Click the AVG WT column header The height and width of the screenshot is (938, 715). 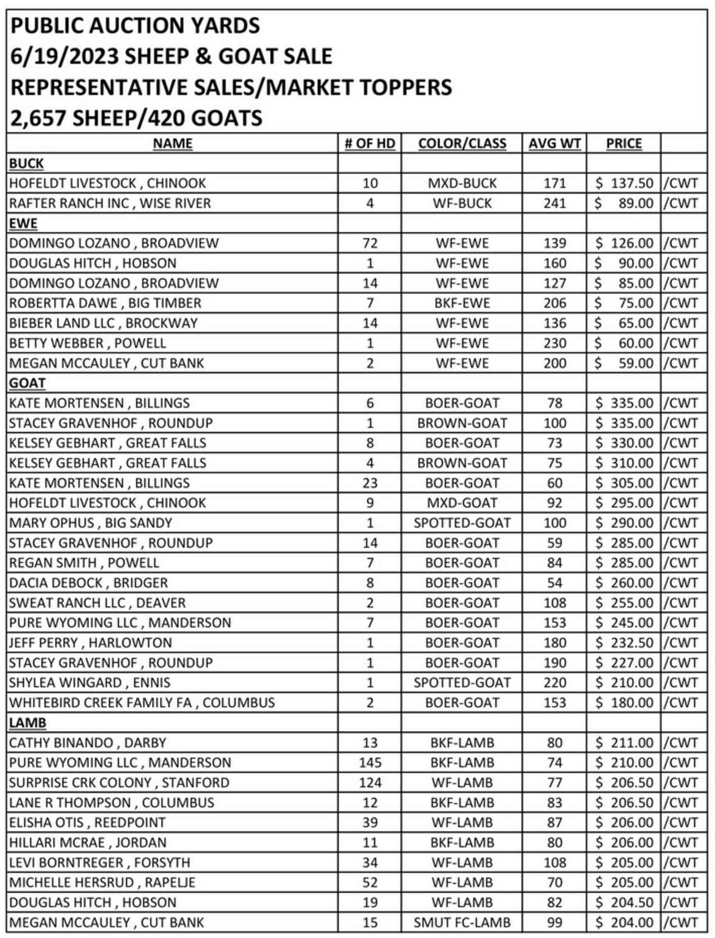(554, 144)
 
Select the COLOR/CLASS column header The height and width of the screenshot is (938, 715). (462, 144)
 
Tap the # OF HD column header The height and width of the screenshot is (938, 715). (370, 144)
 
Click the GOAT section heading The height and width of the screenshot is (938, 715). (27, 383)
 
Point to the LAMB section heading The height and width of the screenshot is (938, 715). (27, 723)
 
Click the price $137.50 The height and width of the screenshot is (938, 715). (624, 183)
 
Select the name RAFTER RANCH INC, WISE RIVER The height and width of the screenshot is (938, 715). (110, 203)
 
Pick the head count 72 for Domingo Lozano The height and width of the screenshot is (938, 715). (370, 243)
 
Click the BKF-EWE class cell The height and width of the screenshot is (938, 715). (462, 303)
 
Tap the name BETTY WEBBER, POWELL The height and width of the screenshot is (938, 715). (87, 343)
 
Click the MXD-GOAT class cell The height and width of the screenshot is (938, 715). (462, 503)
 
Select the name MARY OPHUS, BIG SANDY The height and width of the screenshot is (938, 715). (90, 523)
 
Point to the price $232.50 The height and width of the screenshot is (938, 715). (624, 643)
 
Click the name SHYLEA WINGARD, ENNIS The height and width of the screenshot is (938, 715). (90, 683)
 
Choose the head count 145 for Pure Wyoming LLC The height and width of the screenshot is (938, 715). (370, 762)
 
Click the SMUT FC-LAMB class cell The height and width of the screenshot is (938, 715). (462, 922)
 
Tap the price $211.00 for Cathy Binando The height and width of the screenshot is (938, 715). (624, 742)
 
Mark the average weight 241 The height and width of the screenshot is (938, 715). (554, 203)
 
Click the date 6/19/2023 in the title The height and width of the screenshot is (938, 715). (63, 56)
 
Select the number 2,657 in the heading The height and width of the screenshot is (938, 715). (38, 118)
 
